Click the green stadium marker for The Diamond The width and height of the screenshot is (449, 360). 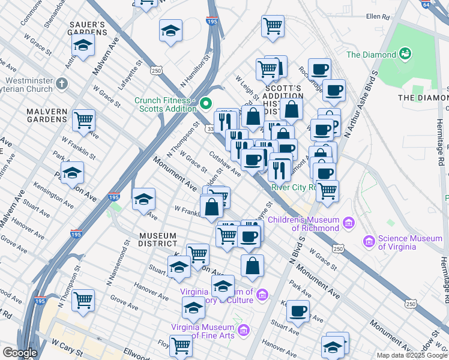click(x=406, y=54)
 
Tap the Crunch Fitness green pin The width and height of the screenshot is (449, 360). click(x=206, y=104)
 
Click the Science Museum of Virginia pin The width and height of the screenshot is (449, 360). click(x=369, y=242)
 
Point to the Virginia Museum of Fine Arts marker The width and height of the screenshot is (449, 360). click(x=243, y=330)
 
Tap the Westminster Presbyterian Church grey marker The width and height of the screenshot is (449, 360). click(x=62, y=82)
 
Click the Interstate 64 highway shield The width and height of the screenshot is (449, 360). click(x=442, y=4)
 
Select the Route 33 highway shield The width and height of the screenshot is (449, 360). click(x=211, y=128)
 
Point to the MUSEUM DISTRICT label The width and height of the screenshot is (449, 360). click(x=158, y=239)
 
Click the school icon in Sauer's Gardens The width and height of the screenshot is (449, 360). click(x=83, y=44)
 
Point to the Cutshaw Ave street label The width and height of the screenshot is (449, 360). click(x=224, y=164)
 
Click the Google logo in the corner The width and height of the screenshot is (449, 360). click(x=20, y=353)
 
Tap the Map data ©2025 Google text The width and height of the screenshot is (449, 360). click(x=412, y=355)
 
